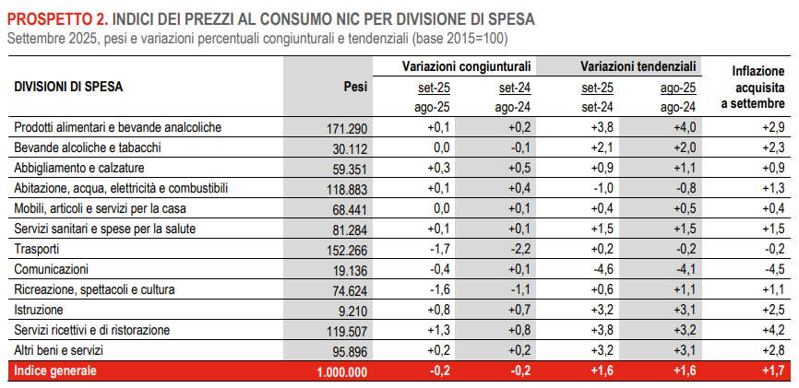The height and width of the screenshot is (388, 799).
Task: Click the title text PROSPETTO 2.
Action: (58, 19)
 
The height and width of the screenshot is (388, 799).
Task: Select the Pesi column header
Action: (354, 87)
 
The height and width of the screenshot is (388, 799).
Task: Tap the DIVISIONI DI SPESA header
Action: (68, 87)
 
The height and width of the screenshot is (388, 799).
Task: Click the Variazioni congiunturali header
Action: (466, 67)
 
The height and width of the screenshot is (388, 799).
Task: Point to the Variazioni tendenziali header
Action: (638, 67)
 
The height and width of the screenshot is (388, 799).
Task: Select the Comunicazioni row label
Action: (51, 269)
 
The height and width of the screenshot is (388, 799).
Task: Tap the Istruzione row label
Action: (39, 310)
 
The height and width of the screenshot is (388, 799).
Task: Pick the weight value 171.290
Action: (348, 128)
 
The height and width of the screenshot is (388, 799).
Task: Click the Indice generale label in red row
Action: (54, 371)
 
